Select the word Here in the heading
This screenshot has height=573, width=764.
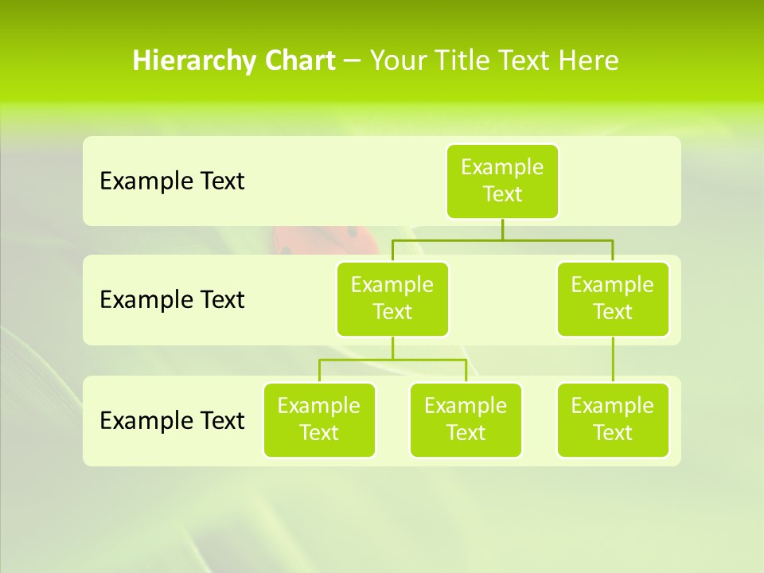click(588, 60)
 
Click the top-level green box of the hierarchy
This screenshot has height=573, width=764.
click(502, 181)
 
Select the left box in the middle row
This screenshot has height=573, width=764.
click(392, 298)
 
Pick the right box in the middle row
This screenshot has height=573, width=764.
click(613, 298)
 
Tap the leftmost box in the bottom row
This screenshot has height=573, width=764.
click(319, 419)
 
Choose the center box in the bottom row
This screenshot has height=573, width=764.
click(466, 419)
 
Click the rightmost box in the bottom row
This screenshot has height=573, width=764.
click(613, 419)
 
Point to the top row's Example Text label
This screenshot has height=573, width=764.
click(172, 181)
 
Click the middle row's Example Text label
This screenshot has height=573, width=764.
click(172, 300)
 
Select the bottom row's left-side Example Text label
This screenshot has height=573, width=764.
click(172, 420)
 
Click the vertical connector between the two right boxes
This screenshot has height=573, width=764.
click(613, 360)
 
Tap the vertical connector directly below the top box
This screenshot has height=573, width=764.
click(502, 229)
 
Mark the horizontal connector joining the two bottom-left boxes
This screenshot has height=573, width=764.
click(392, 360)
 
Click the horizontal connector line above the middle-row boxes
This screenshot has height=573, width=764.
click(557, 239)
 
